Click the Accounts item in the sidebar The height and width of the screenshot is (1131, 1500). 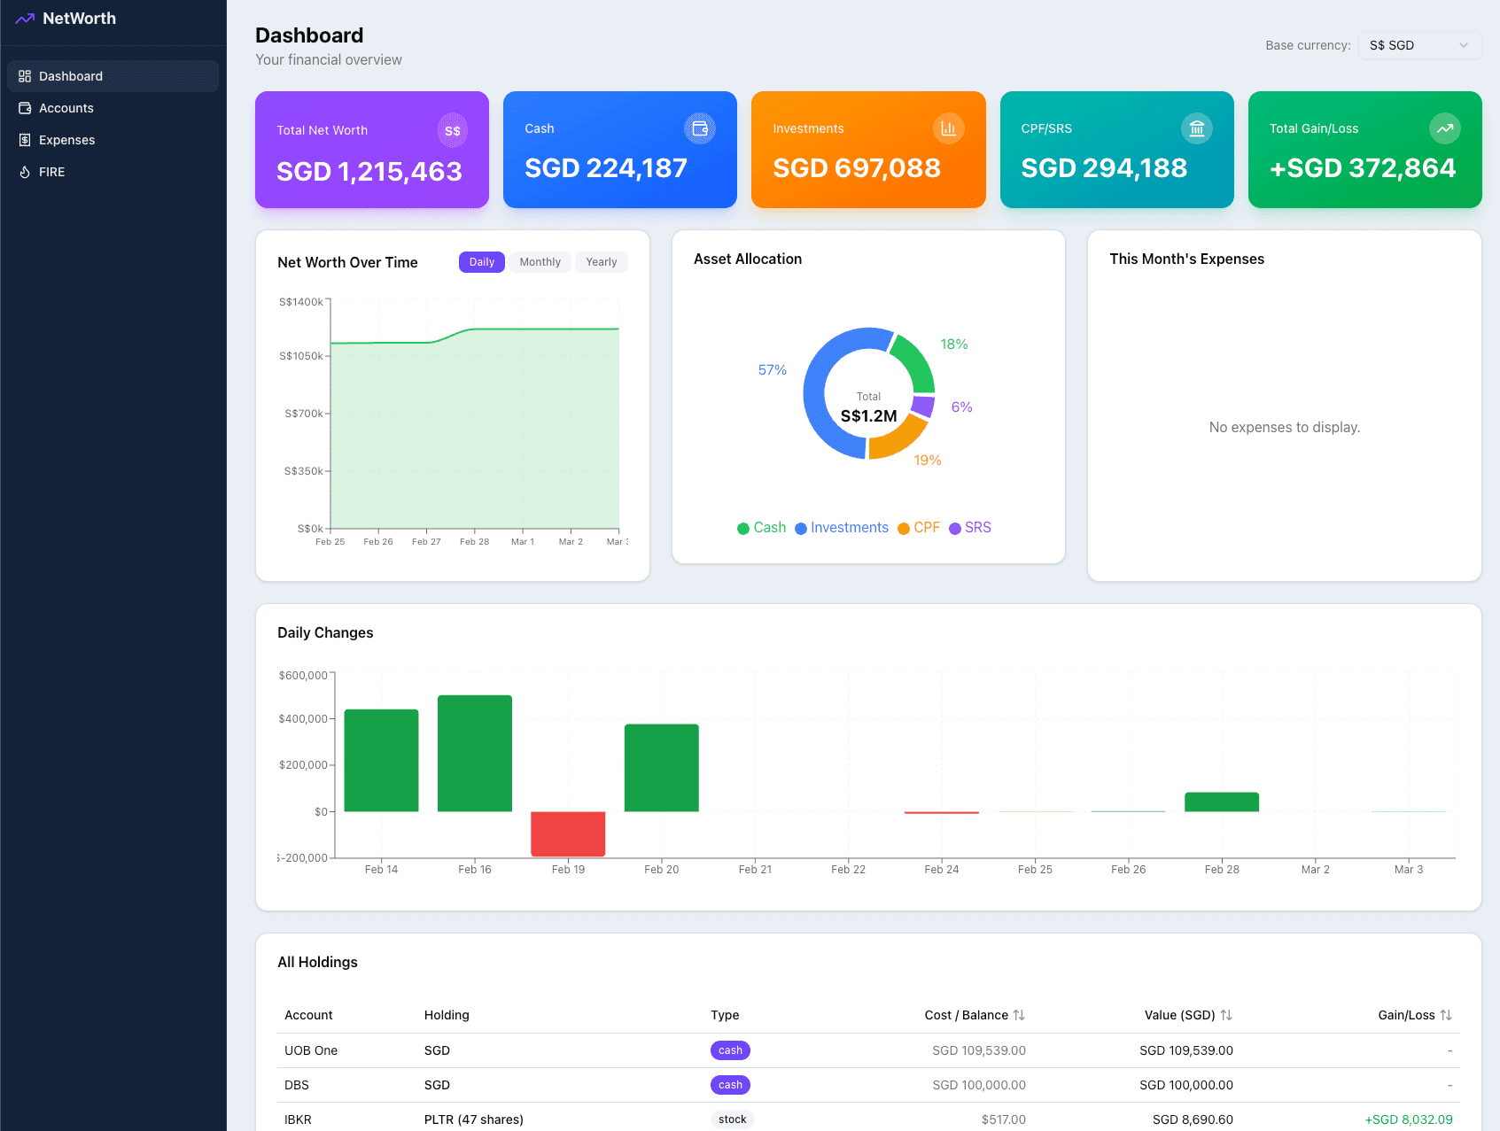[x=66, y=108]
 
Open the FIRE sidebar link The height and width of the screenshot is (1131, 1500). [x=51, y=172]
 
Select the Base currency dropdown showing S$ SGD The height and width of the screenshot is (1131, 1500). [x=1418, y=45]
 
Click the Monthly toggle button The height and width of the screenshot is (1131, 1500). [x=540, y=262]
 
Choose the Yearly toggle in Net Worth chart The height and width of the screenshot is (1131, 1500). [x=601, y=262]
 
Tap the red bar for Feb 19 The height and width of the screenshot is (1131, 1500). [x=568, y=833]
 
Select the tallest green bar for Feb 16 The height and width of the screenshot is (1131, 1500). [x=475, y=753]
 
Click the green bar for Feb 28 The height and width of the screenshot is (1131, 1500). [x=1222, y=802]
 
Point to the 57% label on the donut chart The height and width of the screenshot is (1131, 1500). [x=772, y=370]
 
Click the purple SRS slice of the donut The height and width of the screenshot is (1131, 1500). [x=923, y=407]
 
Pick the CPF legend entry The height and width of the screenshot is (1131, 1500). [x=919, y=528]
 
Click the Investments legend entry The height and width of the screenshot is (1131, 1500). [x=842, y=528]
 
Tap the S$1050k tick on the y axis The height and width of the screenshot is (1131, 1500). [x=301, y=356]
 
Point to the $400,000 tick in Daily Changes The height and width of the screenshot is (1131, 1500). [x=303, y=718]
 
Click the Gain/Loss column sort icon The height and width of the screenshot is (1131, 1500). [x=1446, y=1015]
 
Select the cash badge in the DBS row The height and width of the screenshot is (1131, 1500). [x=730, y=1085]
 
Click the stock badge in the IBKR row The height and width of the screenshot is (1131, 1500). [x=732, y=1119]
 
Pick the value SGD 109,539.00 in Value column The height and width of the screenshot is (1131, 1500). [x=1185, y=1050]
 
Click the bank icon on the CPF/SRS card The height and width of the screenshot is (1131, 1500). [x=1196, y=128]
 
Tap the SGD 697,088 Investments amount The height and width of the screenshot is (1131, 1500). [x=856, y=168]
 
